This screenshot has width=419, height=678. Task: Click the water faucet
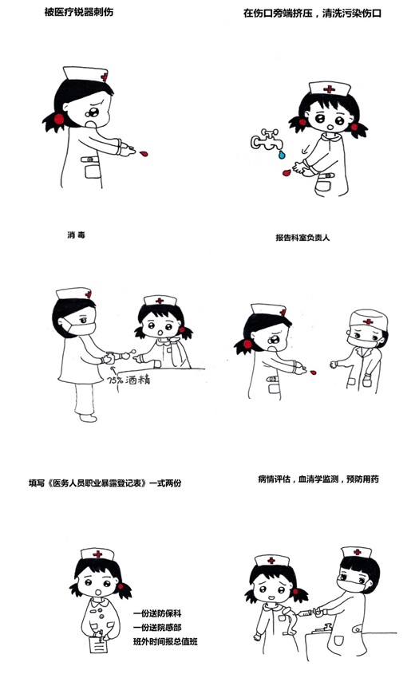265,140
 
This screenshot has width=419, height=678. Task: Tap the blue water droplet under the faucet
282,154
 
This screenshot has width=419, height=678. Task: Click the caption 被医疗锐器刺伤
79,12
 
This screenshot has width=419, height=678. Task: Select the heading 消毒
76,235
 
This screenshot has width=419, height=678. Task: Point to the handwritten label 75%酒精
128,380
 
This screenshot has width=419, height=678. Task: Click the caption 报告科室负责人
302,238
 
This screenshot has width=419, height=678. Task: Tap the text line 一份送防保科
157,613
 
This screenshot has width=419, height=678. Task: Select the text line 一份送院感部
157,627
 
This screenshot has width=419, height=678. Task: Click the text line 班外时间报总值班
165,641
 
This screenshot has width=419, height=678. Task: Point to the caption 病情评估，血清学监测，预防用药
318,479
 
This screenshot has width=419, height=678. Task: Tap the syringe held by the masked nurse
308,612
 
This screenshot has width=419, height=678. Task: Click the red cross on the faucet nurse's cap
329,89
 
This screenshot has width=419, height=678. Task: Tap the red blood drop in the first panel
144,153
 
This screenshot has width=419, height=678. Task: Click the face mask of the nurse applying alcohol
80,327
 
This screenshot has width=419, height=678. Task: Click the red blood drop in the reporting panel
313,372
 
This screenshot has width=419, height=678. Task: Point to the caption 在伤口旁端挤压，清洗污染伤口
312,13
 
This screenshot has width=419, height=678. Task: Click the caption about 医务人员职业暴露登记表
105,483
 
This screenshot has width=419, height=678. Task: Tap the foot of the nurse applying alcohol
88,418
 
